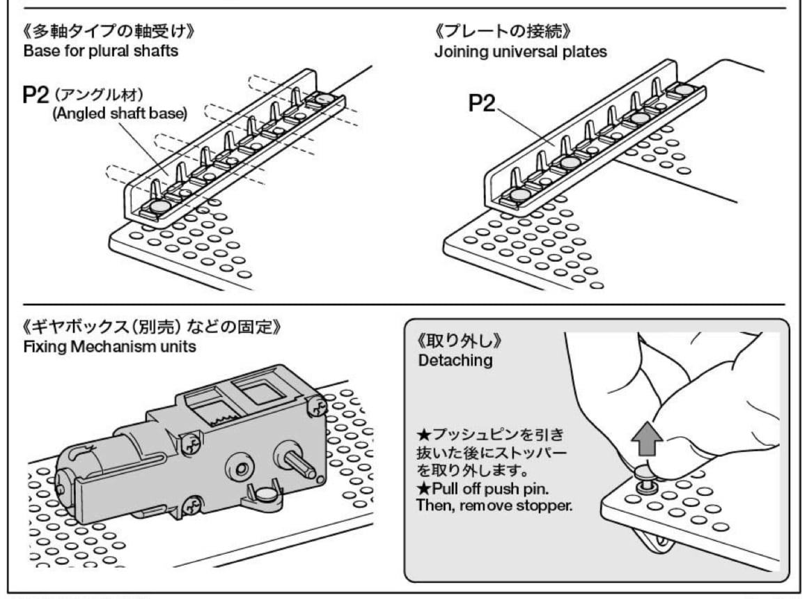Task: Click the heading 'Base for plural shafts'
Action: (x=100, y=52)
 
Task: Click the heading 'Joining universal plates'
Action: (x=520, y=52)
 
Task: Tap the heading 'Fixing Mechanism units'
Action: (x=110, y=346)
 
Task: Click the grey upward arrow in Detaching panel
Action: (x=644, y=441)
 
